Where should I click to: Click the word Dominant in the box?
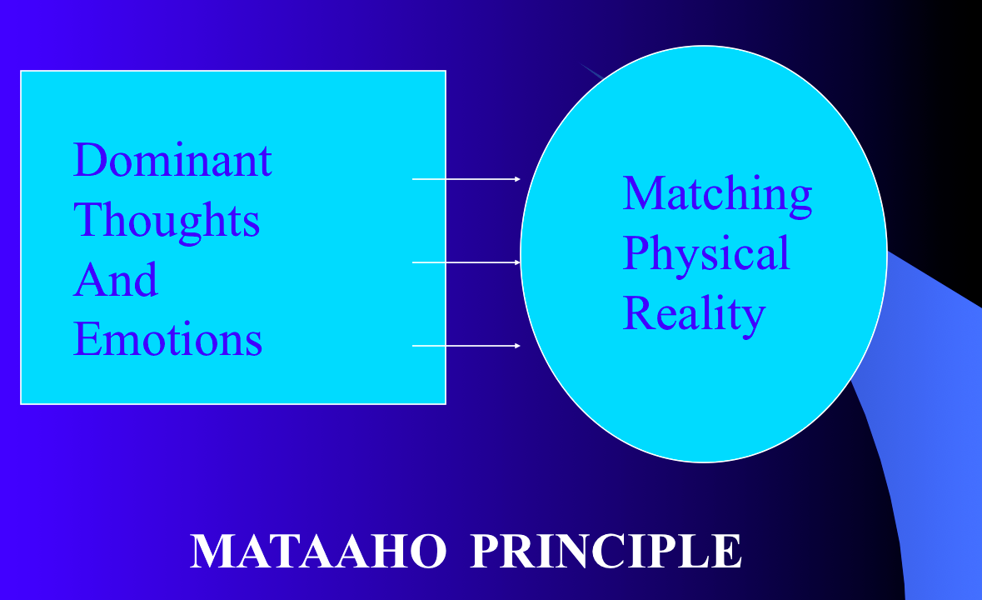pos(172,160)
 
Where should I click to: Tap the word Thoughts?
pos(167,221)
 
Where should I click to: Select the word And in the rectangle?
pos(116,279)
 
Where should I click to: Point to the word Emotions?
pos(167,339)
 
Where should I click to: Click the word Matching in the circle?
pos(717,195)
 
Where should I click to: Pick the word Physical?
pos(706,253)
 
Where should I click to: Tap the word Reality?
pos(694,314)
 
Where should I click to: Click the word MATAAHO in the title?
pos(318,551)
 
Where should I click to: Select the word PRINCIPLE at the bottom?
pos(606,551)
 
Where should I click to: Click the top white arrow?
pos(466,179)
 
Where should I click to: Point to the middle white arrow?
pos(466,262)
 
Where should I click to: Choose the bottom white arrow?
pos(466,346)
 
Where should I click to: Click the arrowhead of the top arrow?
pos(518,179)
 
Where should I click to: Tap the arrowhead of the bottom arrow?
pos(518,346)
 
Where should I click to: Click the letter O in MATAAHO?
pos(428,551)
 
